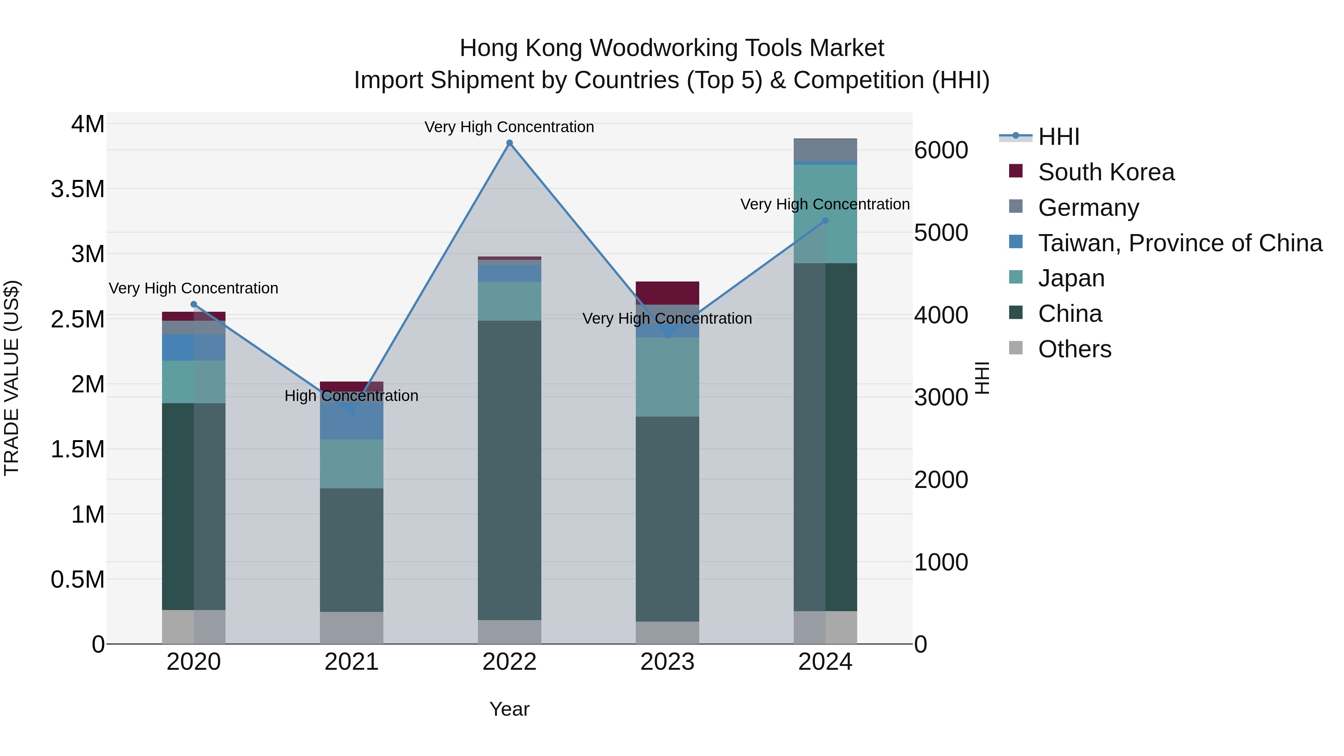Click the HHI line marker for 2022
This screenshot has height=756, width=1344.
click(x=509, y=143)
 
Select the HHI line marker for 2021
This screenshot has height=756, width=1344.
click(x=351, y=411)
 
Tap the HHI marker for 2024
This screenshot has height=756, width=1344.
click(x=825, y=221)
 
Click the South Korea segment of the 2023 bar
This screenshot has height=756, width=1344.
click(x=667, y=293)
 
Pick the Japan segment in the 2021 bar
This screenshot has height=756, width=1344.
click(x=351, y=463)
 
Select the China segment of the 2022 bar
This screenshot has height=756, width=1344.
click(x=509, y=470)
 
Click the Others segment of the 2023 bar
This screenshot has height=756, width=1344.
click(x=667, y=632)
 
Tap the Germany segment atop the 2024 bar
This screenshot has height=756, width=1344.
click(x=825, y=150)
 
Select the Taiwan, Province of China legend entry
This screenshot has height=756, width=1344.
click(x=1179, y=243)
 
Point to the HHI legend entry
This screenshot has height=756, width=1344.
click(x=1058, y=137)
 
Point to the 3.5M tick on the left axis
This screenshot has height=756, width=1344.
click(x=77, y=189)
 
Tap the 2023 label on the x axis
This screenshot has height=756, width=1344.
click(x=667, y=662)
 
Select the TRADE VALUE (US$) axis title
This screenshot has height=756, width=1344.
click(x=12, y=378)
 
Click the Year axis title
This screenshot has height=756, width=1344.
click(x=509, y=709)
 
